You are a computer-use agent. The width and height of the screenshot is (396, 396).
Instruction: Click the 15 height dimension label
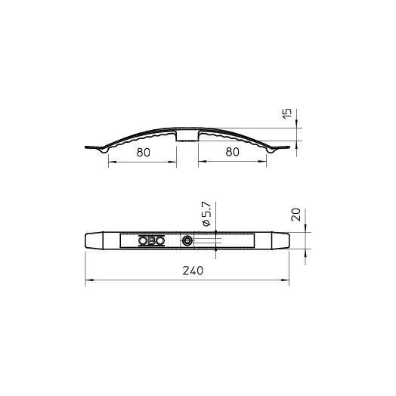point(287,114)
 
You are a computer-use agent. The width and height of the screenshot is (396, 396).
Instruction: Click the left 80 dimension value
point(143,153)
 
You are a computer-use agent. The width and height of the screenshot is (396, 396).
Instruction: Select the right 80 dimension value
point(232,152)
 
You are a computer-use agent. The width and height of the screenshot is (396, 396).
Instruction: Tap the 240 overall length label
point(193,271)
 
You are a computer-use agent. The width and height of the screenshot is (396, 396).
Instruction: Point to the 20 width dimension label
point(296,215)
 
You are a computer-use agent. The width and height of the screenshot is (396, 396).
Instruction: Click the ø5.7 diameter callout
point(206,214)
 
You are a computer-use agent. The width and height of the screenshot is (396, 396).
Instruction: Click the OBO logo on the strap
point(152,240)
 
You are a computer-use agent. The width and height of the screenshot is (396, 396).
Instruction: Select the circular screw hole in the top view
point(187,240)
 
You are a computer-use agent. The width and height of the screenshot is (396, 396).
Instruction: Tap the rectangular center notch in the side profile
point(187,136)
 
